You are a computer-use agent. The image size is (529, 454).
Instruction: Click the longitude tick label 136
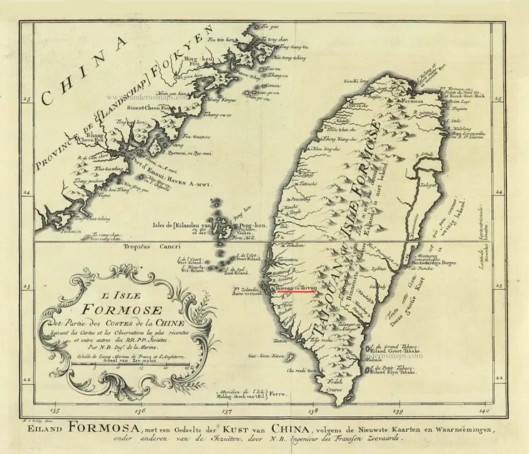[x=139, y=411]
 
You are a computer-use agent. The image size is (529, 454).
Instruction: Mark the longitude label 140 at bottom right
[x=485, y=411]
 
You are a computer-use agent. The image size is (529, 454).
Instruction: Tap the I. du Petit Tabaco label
[x=390, y=370]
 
